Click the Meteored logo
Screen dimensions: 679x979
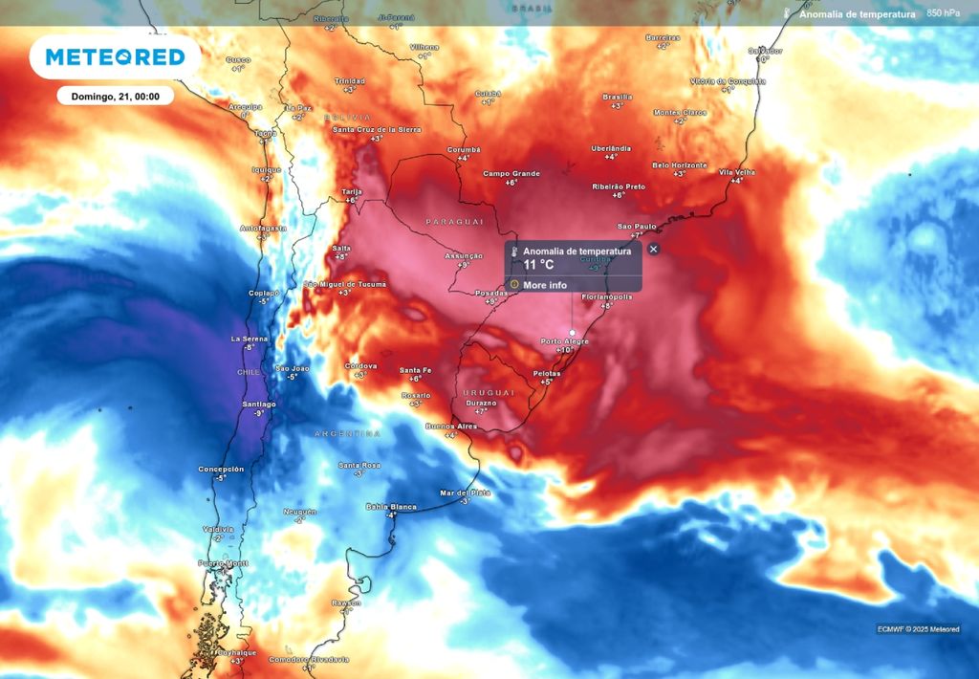pyautogui.click(x=115, y=57)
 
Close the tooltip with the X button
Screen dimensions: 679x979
pyautogui.click(x=654, y=249)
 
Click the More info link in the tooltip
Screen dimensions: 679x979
pyautogui.click(x=544, y=285)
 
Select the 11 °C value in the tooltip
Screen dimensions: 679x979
pyautogui.click(x=538, y=265)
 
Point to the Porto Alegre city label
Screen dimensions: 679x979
pyautogui.click(x=564, y=341)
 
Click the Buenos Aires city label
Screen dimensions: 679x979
pyautogui.click(x=451, y=425)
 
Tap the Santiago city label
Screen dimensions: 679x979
pyautogui.click(x=258, y=404)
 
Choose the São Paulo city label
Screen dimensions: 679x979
pyautogui.click(x=636, y=227)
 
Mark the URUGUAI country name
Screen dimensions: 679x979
pyautogui.click(x=489, y=392)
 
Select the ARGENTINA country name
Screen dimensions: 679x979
pyautogui.click(x=347, y=433)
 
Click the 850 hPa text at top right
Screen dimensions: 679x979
pyautogui.click(x=943, y=13)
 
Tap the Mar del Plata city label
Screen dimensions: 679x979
pyautogui.click(x=466, y=493)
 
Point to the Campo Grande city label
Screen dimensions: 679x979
pyautogui.click(x=511, y=173)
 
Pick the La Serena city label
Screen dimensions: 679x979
pyautogui.click(x=250, y=339)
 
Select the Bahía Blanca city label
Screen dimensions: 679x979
pyautogui.click(x=390, y=506)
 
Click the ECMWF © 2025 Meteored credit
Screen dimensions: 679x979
pyautogui.click(x=918, y=628)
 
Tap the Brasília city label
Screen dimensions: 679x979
pyautogui.click(x=618, y=97)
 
